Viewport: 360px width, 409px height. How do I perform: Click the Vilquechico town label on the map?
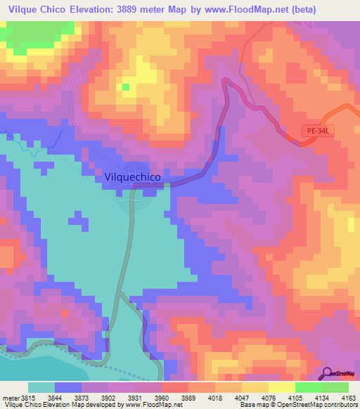(x=137, y=178)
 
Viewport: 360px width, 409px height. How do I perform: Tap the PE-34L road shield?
(x=318, y=131)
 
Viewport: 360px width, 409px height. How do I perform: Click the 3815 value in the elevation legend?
(x=23, y=398)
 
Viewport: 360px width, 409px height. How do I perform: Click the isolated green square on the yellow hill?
(x=126, y=87)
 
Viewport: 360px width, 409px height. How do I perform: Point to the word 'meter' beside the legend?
(x=8, y=398)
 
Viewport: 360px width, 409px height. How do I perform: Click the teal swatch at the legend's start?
(x=41, y=387)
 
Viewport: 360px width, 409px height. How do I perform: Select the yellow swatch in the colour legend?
(x=281, y=387)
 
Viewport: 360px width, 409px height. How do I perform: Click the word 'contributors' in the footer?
(x=342, y=405)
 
